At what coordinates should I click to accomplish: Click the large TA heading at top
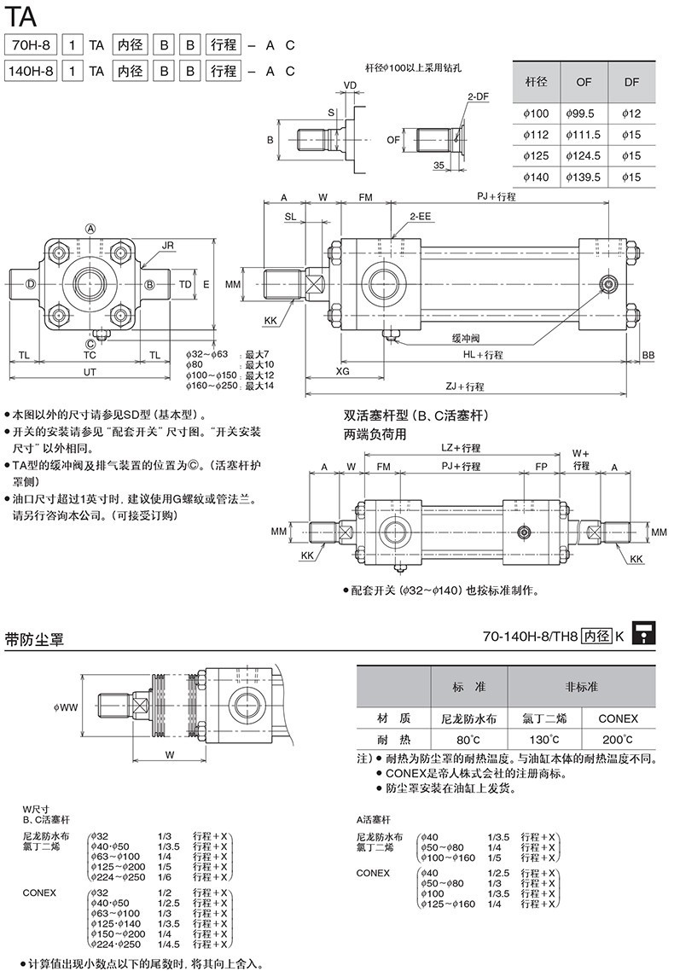pos(20,15)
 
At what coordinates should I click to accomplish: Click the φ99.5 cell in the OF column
pos(584,113)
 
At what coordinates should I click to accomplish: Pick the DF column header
pos(631,82)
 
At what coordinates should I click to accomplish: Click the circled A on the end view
pos(90,228)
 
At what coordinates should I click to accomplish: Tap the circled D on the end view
pos(31,283)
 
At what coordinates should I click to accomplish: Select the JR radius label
pos(167,245)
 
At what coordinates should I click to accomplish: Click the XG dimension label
pos(342,372)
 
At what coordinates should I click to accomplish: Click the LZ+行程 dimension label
pos(461,447)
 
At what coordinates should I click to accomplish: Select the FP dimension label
pos(541,467)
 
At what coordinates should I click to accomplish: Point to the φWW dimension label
pos(65,706)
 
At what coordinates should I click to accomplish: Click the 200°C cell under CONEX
pos(618,739)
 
